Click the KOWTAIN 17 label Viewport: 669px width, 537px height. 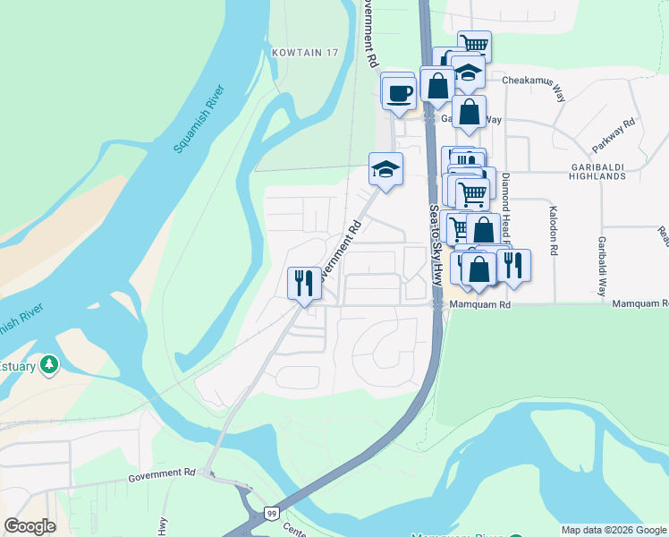point(306,53)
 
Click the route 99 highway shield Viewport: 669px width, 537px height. point(271,513)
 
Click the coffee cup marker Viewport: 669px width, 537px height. point(400,91)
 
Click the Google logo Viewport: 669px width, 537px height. point(30,526)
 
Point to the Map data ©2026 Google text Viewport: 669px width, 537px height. point(613,530)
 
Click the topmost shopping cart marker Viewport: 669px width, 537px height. point(474,43)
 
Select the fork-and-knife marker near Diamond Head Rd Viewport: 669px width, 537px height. point(512,264)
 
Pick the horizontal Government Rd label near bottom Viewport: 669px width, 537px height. point(161,473)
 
